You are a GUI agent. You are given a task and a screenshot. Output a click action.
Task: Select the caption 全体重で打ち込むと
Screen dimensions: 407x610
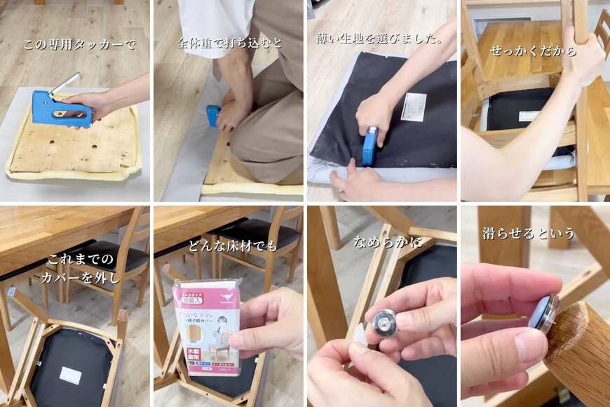pos(230,43)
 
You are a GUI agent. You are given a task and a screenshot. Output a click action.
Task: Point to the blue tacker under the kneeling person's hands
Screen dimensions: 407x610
pos(212,115)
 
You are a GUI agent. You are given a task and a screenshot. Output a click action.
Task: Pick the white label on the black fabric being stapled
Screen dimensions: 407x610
pos(414,107)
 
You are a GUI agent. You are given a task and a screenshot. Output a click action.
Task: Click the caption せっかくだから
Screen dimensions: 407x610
pos(534,51)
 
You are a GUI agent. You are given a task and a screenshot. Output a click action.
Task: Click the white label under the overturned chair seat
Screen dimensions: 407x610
pos(70,375)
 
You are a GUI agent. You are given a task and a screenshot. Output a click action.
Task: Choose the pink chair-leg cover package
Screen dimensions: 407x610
pos(207,326)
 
